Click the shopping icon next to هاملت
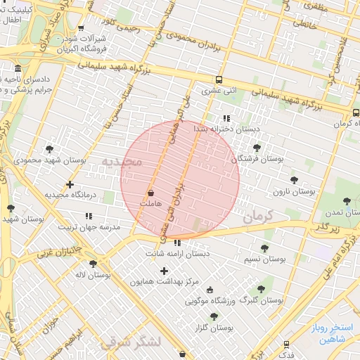[150, 192]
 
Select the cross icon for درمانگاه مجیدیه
[69, 184]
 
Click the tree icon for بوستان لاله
[93, 264]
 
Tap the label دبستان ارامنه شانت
[175, 253]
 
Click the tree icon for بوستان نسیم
[264, 248]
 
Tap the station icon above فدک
[286, 344]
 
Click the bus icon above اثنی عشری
[219, 79]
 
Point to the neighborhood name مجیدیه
[121, 162]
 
